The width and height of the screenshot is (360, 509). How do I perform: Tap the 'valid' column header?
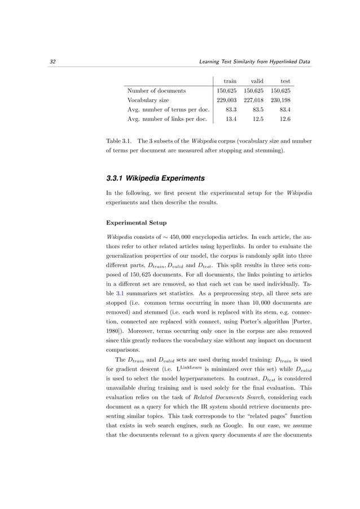(x=257, y=81)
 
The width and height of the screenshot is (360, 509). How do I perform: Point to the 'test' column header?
(x=285, y=81)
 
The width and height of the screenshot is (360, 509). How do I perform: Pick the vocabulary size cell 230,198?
(x=280, y=100)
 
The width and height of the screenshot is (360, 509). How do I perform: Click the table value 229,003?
(x=227, y=100)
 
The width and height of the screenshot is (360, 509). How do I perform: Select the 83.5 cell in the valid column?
(x=258, y=109)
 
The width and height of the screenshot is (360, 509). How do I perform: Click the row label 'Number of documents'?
(x=156, y=90)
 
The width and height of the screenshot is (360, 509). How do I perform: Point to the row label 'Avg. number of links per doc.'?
(x=168, y=119)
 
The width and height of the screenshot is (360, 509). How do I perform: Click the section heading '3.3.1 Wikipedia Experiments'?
(x=155, y=178)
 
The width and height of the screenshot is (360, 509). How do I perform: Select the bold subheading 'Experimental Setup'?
(x=133, y=222)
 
